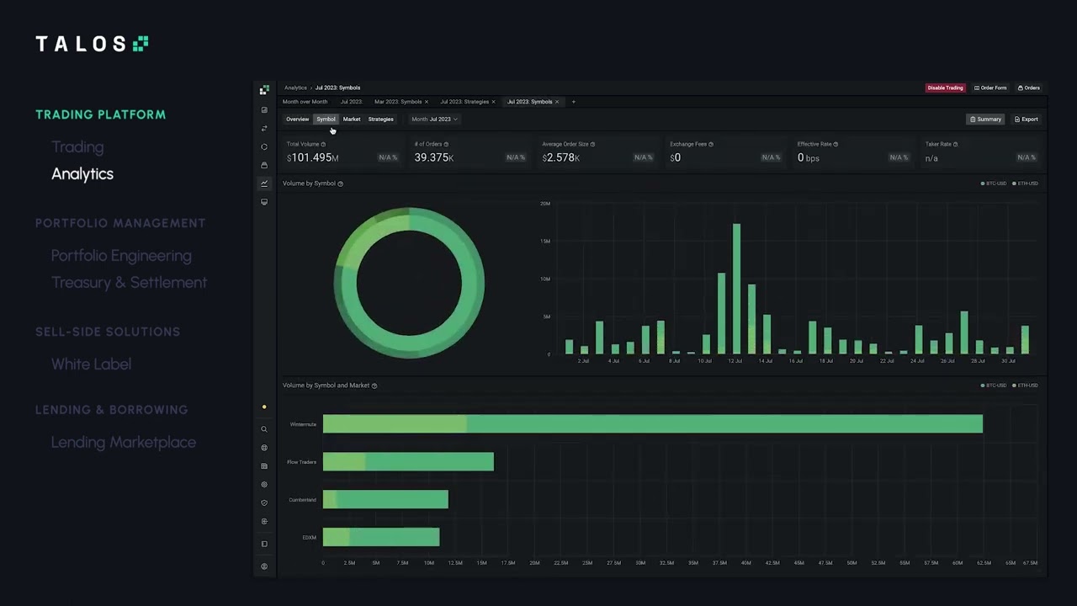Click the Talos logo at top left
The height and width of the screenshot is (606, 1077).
click(92, 44)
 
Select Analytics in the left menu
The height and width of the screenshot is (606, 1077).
click(82, 174)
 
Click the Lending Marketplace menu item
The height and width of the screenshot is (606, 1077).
click(124, 443)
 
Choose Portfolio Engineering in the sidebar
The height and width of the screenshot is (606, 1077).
click(121, 256)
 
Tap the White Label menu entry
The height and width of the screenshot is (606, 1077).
click(91, 364)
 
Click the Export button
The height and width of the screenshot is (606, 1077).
click(1026, 120)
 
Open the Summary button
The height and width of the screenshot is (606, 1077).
click(985, 120)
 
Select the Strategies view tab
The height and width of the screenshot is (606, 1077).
click(380, 120)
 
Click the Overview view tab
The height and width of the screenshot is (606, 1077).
click(297, 120)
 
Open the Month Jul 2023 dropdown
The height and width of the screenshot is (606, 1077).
click(434, 120)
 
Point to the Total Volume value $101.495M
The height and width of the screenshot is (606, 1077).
click(313, 158)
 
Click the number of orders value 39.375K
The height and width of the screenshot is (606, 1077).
click(434, 158)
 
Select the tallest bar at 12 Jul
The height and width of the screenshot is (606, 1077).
click(736, 289)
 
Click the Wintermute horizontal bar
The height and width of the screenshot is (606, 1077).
click(652, 424)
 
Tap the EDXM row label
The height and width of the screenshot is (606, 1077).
click(309, 537)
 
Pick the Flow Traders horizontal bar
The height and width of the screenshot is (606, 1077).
click(408, 462)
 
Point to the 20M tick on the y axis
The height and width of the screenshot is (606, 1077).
click(545, 204)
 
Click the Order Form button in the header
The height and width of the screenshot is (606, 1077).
click(990, 88)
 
